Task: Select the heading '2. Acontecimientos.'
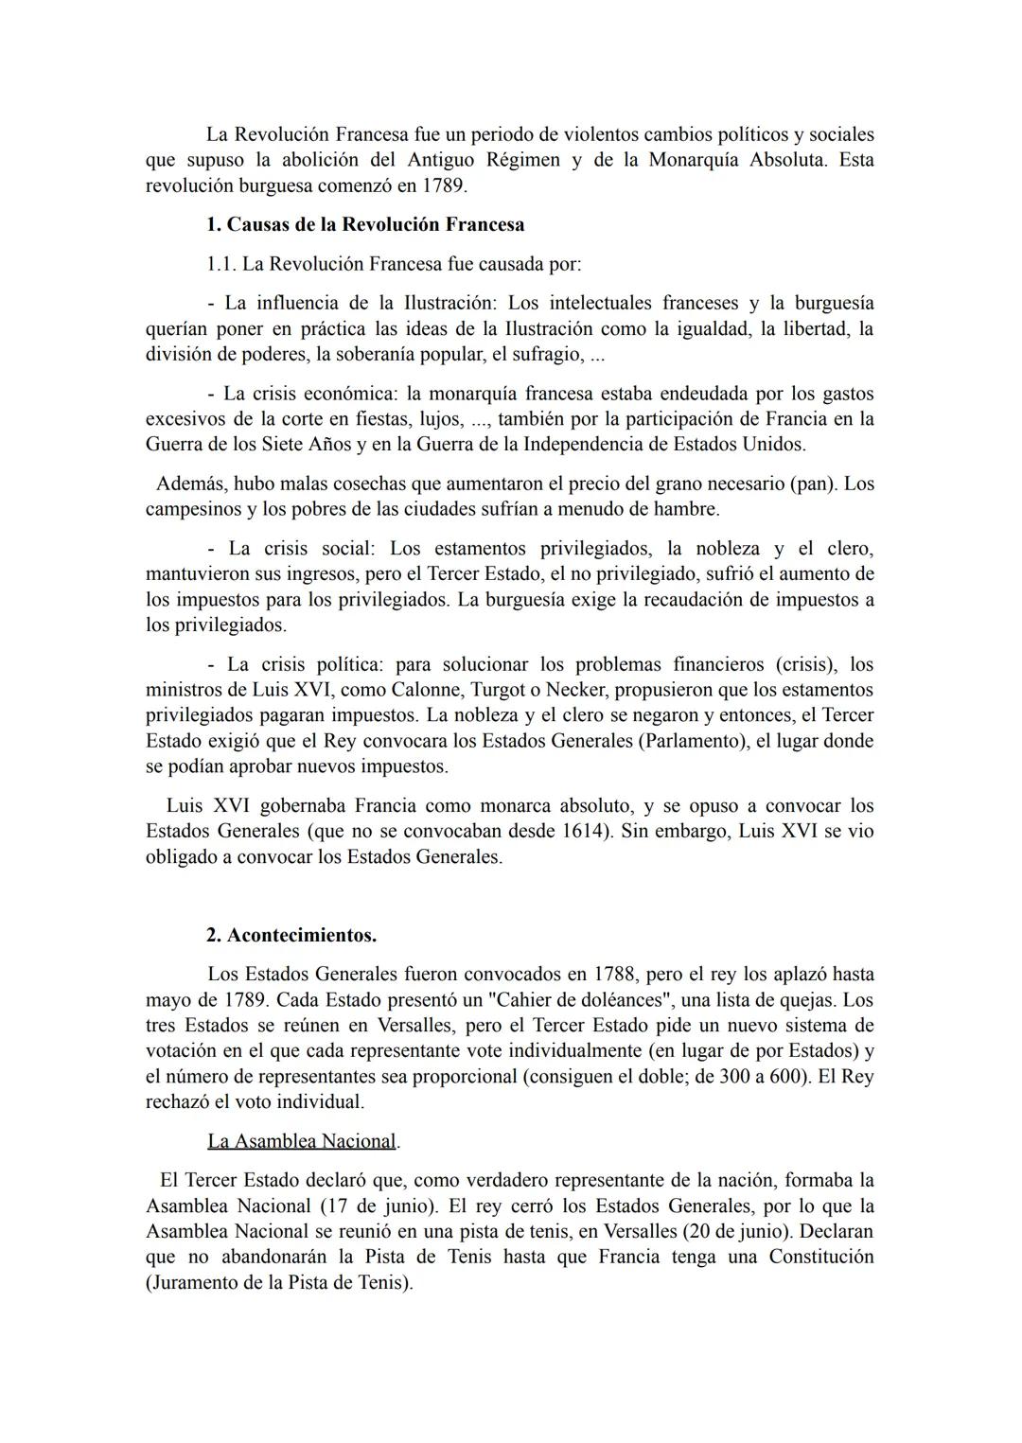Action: (291, 935)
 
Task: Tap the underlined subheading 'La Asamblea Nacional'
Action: (301, 1141)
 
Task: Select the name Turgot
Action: (467, 690)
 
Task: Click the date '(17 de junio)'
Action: (378, 1206)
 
